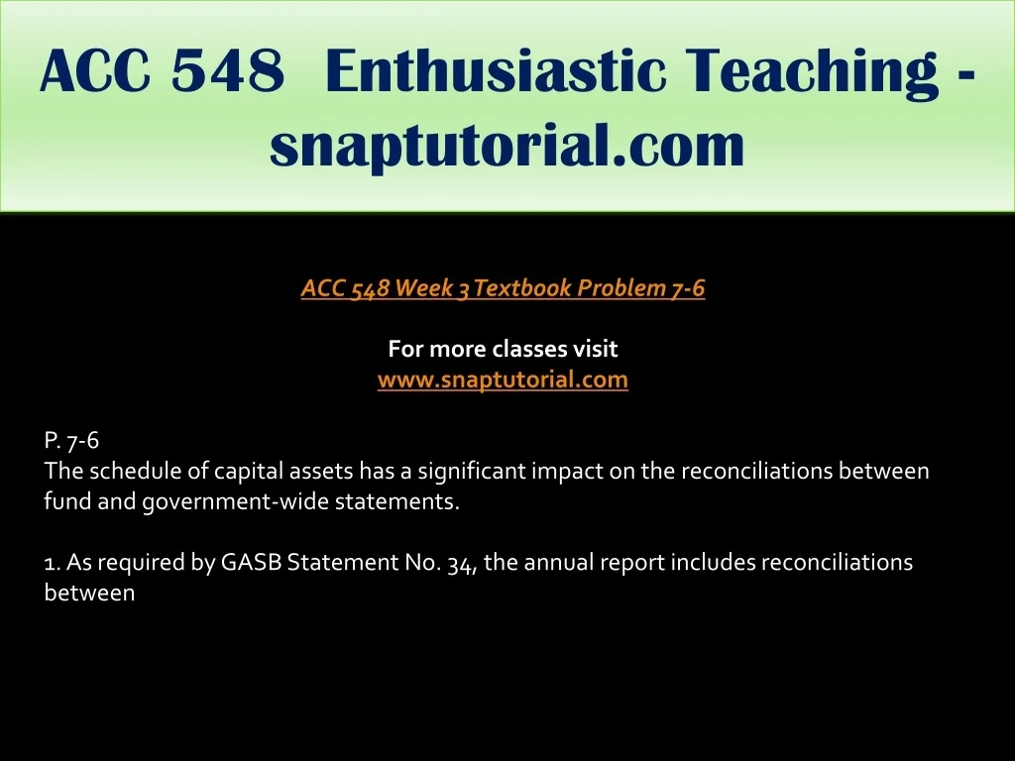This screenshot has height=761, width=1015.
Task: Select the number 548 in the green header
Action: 228,70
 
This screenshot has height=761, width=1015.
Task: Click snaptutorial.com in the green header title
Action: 507,145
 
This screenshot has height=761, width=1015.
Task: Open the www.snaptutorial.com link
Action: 503,380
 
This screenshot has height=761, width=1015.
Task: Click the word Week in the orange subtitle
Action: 422,288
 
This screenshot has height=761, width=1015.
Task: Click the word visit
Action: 595,349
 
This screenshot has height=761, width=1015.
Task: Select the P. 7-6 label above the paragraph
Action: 71,440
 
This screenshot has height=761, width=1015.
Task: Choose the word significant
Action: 471,471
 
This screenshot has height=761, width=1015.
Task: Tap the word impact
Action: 567,471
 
